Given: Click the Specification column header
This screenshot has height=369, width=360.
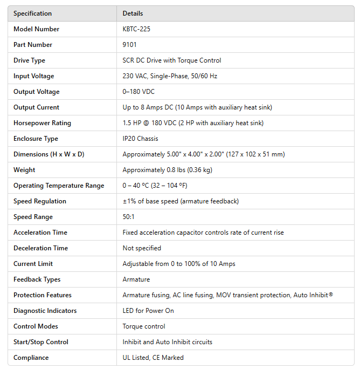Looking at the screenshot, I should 33,13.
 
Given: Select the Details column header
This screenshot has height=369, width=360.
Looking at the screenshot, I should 133,13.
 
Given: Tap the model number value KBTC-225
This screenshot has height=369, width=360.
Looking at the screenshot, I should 136,29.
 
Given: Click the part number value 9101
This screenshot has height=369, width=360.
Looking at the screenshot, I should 129,45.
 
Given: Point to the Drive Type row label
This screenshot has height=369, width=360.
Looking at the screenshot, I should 29,60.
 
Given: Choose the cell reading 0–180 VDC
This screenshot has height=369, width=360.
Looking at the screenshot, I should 139,92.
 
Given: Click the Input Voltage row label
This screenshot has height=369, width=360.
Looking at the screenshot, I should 34,76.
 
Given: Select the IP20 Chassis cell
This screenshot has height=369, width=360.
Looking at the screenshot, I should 140,139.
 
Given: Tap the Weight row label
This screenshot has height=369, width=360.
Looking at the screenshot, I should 24,170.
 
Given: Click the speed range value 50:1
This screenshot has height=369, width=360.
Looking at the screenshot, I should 129,217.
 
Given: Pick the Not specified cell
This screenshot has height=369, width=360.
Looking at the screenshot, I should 142,248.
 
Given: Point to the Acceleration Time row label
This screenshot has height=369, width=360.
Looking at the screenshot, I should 40,233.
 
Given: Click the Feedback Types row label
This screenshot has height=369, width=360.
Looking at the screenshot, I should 37,279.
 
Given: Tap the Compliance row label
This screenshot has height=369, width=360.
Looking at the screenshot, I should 31,358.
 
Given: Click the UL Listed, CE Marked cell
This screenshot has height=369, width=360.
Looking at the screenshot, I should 153,358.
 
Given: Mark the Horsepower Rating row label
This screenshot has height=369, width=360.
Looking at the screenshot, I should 43,123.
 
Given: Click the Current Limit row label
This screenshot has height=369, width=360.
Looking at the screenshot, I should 33,264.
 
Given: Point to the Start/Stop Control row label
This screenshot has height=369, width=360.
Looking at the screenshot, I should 41,342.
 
